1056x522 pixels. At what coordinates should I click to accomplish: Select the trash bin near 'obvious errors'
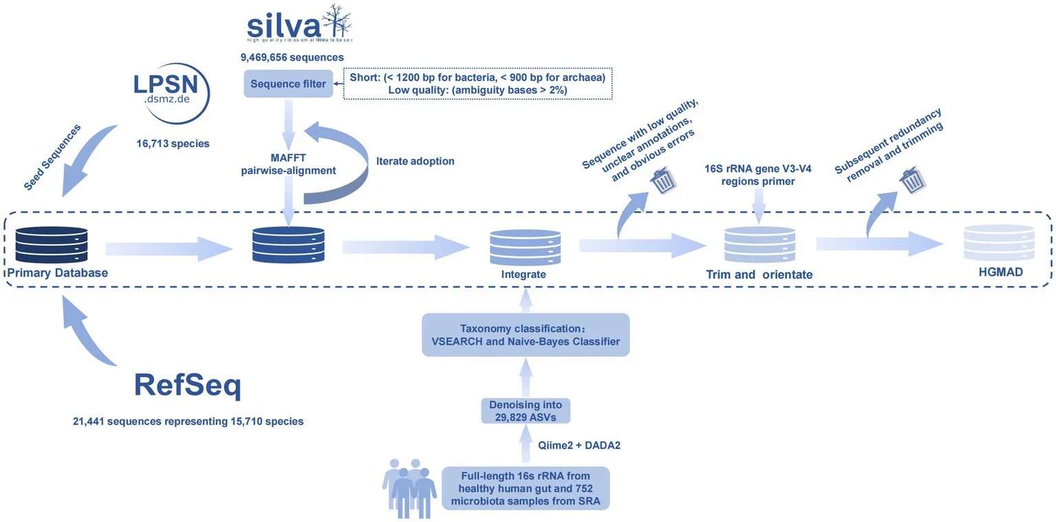click(664, 180)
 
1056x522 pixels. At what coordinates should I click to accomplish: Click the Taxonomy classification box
click(526, 335)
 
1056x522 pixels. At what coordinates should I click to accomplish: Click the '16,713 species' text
click(173, 144)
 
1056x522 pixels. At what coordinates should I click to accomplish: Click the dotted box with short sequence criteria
click(477, 84)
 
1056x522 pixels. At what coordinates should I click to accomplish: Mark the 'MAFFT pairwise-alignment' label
click(289, 164)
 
